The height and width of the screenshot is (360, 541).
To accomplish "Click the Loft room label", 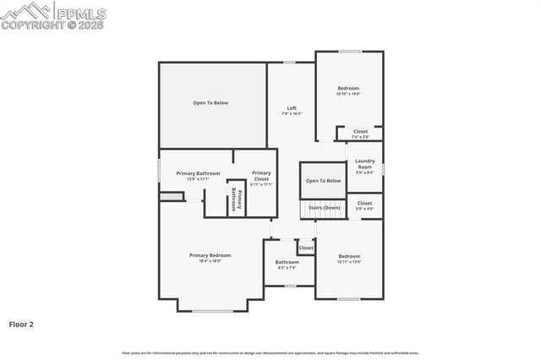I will point(292,111).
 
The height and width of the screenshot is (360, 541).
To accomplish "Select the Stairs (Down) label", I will point(324,207).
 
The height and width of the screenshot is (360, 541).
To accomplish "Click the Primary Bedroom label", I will point(210,258).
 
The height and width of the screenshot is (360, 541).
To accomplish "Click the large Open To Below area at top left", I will point(210,103).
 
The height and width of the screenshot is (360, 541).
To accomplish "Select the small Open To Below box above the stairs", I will point(323,181).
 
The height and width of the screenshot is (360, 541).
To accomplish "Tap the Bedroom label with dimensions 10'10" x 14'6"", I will point(348,91).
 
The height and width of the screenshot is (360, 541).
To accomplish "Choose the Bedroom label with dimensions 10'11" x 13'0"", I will point(349,259).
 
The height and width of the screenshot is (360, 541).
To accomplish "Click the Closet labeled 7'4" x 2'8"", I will point(360,134).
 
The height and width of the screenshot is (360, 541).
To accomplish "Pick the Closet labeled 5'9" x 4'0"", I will point(364,205).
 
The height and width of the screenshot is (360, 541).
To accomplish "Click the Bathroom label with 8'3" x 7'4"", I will point(287,265).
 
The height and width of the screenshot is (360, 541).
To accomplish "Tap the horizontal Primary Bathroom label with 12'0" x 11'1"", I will point(198,176).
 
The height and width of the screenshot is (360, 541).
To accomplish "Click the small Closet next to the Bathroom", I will point(305,248).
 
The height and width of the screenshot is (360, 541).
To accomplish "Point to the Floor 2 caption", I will point(21,323).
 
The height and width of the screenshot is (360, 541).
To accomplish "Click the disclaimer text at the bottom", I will point(270,352).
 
